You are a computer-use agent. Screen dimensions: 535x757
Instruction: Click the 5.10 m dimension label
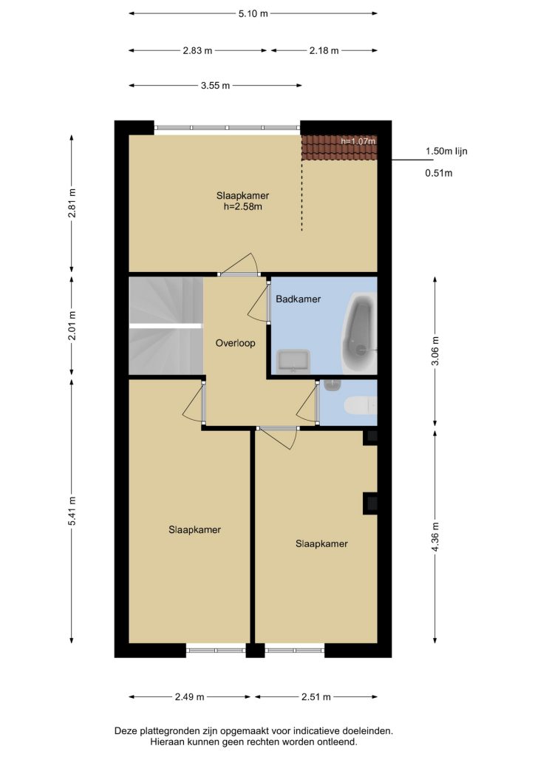253,13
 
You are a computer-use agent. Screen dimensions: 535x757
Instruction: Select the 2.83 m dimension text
197,50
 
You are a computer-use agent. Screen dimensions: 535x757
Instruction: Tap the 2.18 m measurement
324,50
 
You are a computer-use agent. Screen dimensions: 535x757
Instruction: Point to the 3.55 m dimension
215,86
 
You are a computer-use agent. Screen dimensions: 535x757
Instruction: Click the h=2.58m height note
242,207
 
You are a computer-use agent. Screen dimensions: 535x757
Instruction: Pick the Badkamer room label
298,299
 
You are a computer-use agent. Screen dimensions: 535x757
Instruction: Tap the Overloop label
236,343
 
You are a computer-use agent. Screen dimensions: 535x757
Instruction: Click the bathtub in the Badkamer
359,333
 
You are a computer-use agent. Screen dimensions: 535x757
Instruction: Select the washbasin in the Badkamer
293,361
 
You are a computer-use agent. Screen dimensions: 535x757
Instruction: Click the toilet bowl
361,405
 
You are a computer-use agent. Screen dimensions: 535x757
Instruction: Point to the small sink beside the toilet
333,384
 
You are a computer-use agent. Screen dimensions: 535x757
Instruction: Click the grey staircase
166,325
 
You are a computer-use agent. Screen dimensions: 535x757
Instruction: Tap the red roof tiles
339,147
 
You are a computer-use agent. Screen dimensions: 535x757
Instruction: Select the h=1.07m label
358,141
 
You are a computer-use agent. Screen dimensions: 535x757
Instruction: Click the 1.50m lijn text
446,151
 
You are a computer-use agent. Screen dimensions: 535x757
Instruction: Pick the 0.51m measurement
438,173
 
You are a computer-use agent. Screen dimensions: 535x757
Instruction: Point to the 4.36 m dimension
435,537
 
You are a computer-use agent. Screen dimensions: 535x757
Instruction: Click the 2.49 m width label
190,696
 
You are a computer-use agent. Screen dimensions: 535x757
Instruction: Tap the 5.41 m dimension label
72,512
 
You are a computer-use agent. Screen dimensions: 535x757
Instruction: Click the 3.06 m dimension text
435,352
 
